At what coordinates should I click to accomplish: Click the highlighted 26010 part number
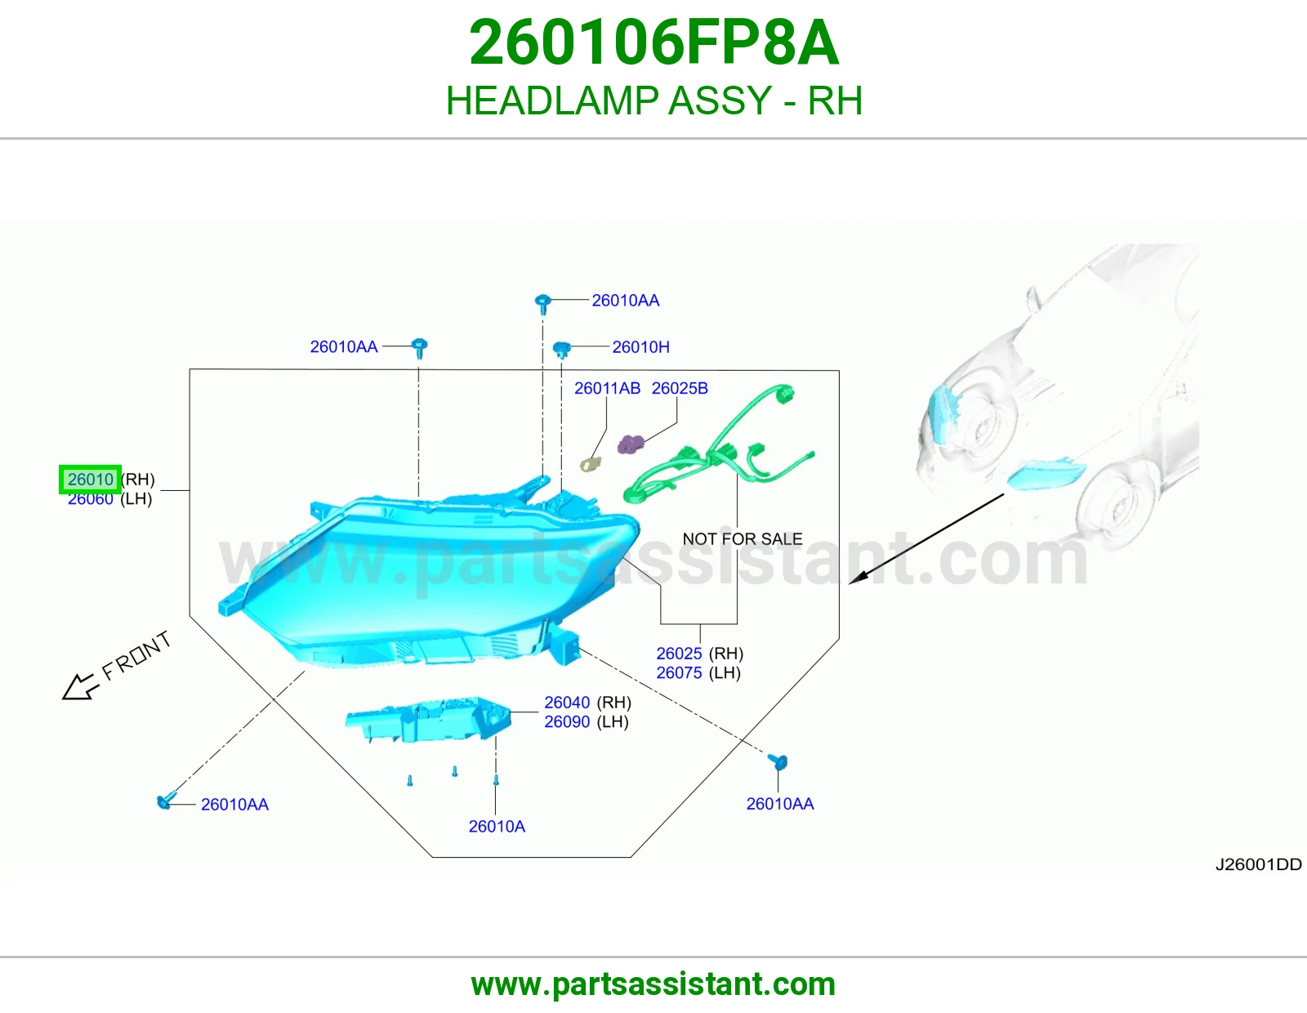90,480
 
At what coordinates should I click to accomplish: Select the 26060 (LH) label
109,499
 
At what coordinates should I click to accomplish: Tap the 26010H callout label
640,347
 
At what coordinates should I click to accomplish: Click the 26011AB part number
607,389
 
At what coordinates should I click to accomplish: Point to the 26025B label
680,389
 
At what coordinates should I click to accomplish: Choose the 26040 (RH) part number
587,703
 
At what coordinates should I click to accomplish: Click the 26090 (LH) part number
587,722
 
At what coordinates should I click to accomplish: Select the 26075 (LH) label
698,673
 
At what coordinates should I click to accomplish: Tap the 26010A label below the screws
497,827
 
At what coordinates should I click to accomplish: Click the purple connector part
631,444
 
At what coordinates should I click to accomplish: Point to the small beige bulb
590,464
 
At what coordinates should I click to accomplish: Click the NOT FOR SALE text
743,539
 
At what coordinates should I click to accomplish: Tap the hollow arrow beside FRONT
80,686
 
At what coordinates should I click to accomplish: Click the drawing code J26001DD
1258,865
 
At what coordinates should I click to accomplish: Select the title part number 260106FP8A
653,42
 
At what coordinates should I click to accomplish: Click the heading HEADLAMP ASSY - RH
653,100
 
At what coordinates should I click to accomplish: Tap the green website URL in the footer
653,984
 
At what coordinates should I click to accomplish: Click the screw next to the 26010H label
561,350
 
